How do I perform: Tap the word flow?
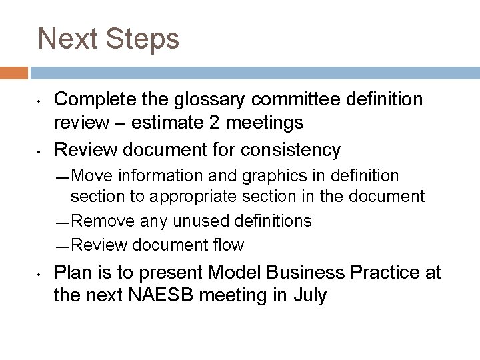[x=229, y=245]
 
